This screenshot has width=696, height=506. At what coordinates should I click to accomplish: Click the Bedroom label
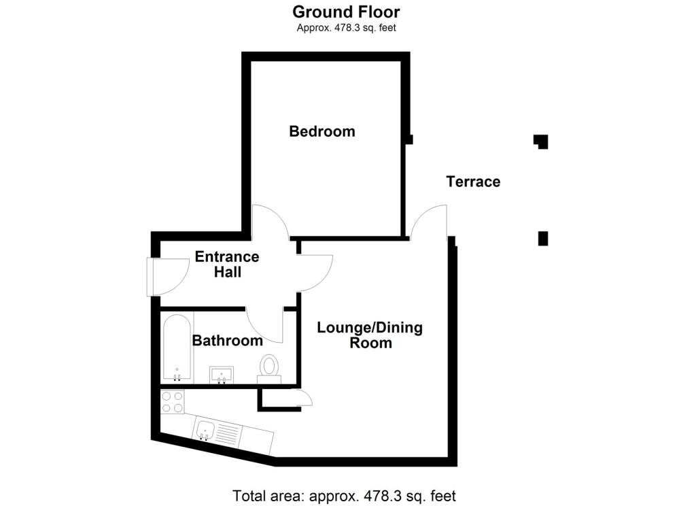pos(322,131)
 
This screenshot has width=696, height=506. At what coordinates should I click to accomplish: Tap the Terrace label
pos(473,182)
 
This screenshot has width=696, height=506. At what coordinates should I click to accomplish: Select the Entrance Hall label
pos(227,265)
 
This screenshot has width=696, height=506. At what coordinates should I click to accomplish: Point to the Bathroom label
pos(227,341)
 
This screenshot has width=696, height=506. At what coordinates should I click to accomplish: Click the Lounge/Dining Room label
pos(370,335)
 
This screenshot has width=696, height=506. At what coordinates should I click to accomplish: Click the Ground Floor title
pos(346,12)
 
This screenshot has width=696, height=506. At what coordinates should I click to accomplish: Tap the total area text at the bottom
pos(344,495)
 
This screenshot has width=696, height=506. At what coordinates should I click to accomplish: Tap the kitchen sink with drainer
pos(217,431)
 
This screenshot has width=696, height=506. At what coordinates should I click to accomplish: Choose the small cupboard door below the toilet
pos(304,399)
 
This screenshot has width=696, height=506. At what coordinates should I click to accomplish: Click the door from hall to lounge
pos(314,271)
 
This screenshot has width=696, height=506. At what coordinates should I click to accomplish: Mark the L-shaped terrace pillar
pos(541,141)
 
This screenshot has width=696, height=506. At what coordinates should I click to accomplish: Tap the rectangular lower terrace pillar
pos(542,239)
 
